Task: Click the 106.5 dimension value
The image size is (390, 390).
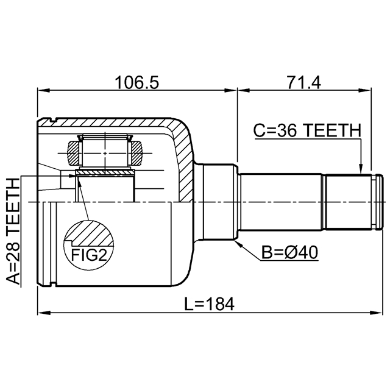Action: (x=136, y=82)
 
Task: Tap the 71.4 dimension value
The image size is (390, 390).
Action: (x=303, y=82)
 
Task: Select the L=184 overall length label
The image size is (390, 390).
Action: (x=209, y=303)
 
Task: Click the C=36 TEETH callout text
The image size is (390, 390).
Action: (x=307, y=130)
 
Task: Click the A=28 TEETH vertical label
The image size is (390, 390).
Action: (x=13, y=232)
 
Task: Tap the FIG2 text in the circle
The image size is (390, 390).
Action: (x=89, y=255)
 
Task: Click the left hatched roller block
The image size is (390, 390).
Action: (x=74, y=153)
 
